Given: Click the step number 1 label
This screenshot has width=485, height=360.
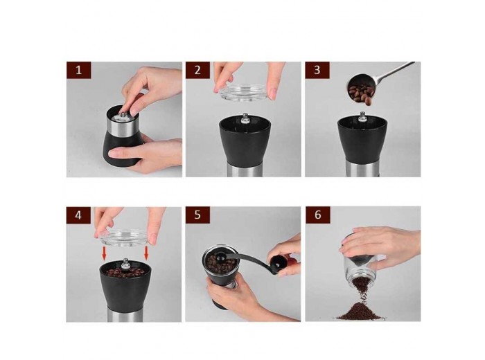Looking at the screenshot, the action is (78, 70).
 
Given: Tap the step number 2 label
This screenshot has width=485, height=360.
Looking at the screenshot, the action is (197, 70).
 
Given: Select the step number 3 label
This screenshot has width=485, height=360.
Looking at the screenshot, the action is (317, 70).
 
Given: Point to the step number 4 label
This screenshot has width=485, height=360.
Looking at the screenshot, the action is (78, 215).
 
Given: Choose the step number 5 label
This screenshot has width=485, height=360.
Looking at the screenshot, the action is (197, 215).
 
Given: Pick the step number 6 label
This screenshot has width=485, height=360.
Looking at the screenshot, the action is (317, 215).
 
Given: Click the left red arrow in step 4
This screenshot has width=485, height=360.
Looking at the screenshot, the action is (104, 253).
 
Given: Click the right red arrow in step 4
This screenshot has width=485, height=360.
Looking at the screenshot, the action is (146, 253).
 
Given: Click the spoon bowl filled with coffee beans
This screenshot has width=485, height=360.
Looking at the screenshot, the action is (360, 89).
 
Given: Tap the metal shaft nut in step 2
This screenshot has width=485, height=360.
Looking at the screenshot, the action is (245, 118).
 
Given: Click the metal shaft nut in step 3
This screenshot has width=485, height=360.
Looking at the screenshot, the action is (362, 118).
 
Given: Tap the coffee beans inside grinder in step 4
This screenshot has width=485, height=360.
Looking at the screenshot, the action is (125, 272).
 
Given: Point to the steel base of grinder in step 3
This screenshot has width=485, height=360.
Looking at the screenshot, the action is (362, 169).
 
